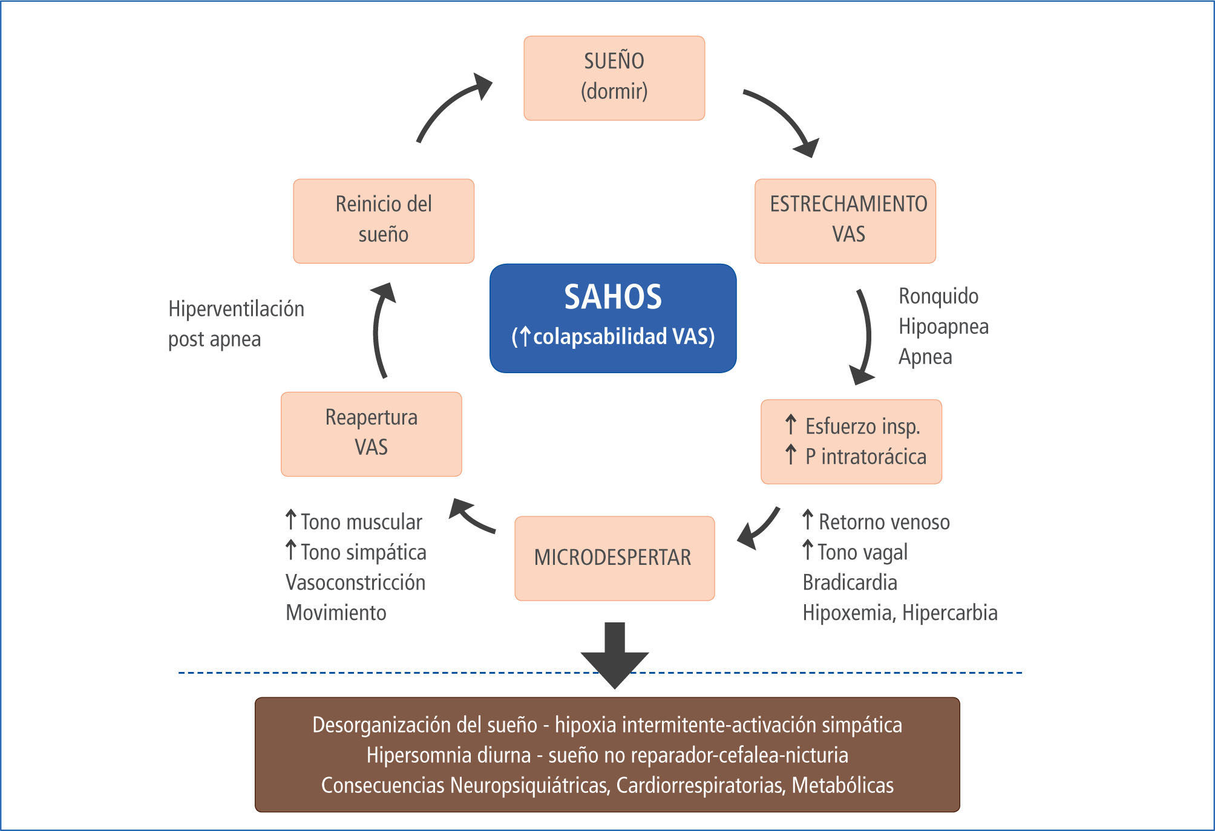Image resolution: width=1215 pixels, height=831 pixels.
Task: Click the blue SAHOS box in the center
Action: pos(613,318)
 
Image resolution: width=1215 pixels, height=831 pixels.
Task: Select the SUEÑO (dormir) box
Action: pos(614,78)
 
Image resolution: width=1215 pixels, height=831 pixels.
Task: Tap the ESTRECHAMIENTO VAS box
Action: pos(845,221)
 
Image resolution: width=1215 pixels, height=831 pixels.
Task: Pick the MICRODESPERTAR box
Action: pos(614,558)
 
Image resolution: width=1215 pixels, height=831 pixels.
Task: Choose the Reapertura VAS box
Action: pos(371,434)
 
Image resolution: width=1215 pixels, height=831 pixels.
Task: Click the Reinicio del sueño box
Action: pos(384,221)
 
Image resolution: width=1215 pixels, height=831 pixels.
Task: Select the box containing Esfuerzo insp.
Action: pos(851,442)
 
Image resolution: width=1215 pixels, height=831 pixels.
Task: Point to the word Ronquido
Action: pos(938,296)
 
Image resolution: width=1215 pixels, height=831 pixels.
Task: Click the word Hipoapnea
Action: pos(943,327)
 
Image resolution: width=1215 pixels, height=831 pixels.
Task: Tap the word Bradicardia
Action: pos(850,582)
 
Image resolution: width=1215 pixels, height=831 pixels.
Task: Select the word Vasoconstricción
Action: pos(355,582)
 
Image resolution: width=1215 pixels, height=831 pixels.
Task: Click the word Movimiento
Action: pos(336,613)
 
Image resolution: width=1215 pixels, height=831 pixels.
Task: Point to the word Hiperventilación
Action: pos(236,309)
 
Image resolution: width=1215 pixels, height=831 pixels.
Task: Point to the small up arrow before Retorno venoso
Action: pos(807,520)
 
